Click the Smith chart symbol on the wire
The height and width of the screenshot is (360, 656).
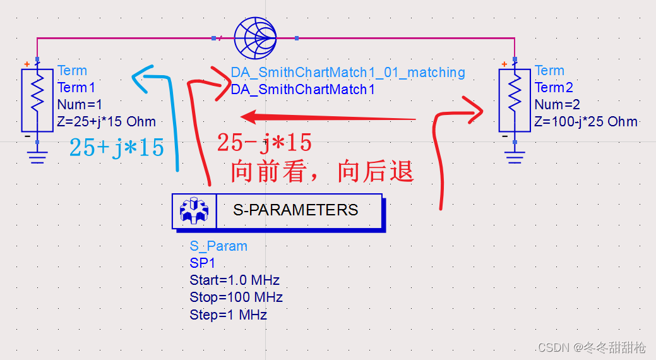click(x=255, y=38)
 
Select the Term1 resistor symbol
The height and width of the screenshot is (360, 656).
click(x=37, y=99)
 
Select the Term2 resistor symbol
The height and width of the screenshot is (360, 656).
click(x=515, y=99)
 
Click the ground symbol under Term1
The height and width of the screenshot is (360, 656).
click(x=37, y=155)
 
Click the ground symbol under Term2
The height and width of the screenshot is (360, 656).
click(x=515, y=155)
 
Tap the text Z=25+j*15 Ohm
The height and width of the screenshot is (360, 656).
click(x=106, y=122)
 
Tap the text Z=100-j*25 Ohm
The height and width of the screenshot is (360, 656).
click(x=586, y=122)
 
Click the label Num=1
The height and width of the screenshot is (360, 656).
click(x=80, y=105)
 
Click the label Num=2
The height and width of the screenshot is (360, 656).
click(x=558, y=105)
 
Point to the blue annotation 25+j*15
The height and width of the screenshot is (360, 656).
click(x=117, y=148)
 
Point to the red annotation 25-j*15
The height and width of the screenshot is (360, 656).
click(x=265, y=143)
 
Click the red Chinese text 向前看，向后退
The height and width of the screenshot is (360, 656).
click(x=321, y=171)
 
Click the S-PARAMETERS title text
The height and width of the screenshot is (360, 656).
click(x=295, y=210)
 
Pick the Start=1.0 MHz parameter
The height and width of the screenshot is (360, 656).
click(x=234, y=280)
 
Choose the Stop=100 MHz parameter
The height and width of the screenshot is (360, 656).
click(x=236, y=297)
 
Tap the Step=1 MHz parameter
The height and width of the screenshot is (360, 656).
click(x=228, y=315)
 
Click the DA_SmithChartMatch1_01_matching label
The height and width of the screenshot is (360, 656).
click(x=348, y=73)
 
